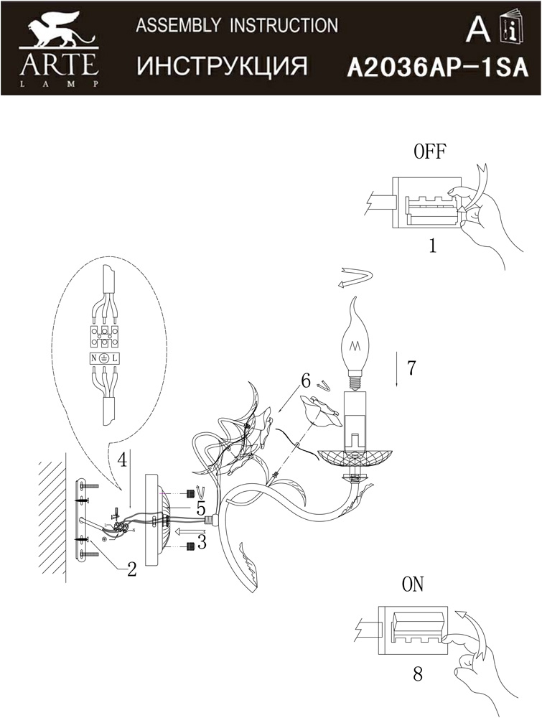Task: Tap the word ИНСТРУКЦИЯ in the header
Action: [223, 67]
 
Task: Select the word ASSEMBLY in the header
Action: [179, 25]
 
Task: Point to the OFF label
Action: [429, 151]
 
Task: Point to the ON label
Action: [413, 584]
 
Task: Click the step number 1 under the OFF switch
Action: [431, 246]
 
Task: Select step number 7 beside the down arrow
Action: [411, 368]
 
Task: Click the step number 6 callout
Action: [306, 381]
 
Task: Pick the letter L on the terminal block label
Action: [114, 358]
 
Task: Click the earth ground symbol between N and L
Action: [104, 358]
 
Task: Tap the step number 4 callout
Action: [121, 460]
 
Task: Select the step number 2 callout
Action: [132, 569]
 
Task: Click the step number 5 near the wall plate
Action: [200, 509]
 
